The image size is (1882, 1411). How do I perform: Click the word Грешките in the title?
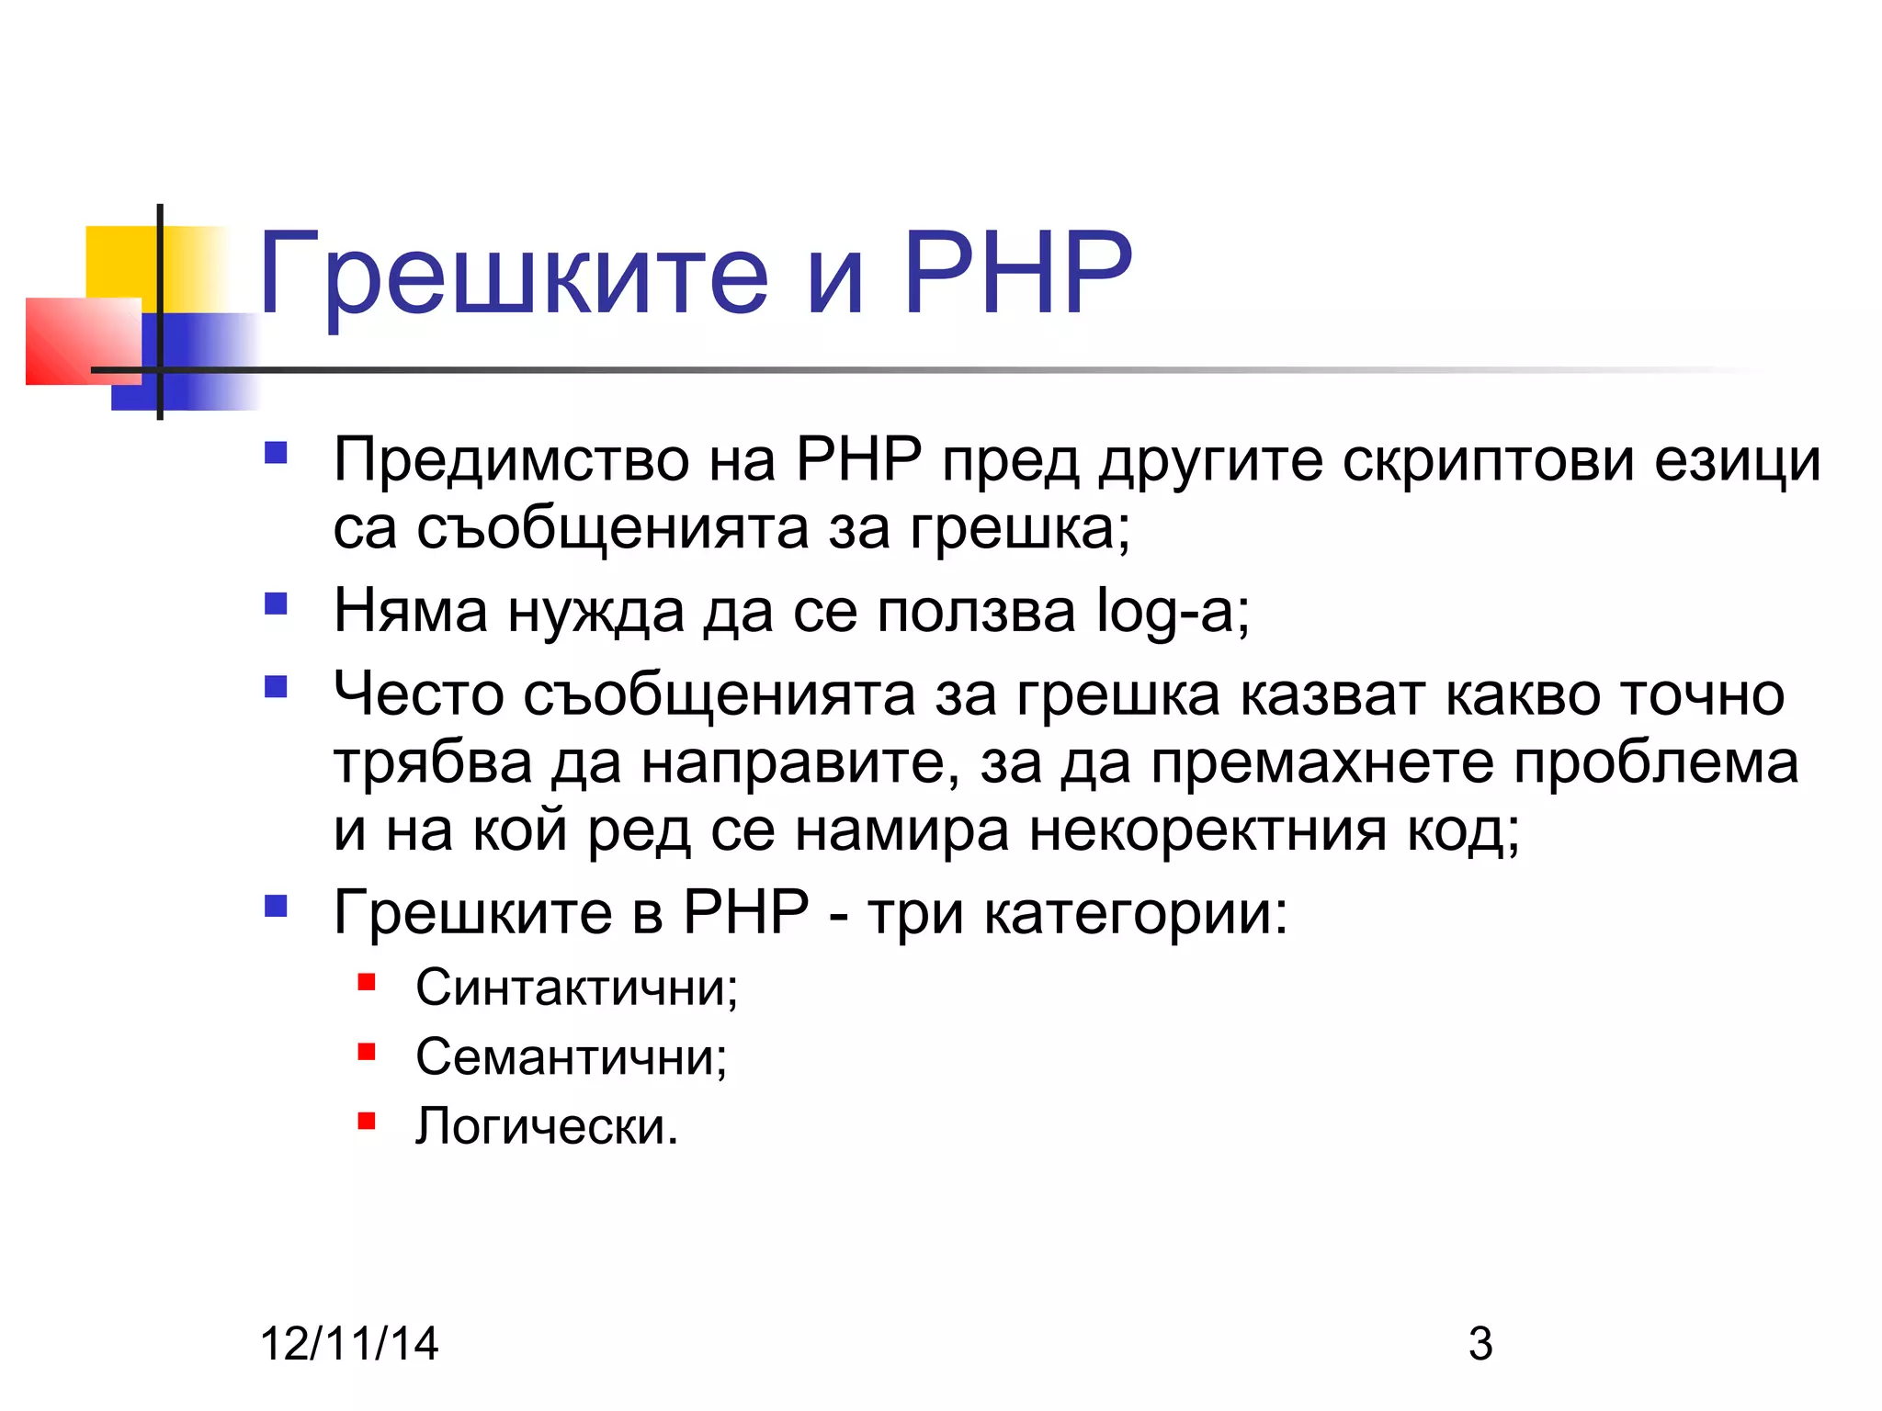(x=513, y=275)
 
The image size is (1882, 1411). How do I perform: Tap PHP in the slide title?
(x=1017, y=273)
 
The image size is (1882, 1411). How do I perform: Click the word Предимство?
(x=511, y=460)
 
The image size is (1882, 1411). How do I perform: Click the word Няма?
(x=410, y=611)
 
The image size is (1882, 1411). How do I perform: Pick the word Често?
(x=418, y=694)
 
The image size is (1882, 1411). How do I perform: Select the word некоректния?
(x=1207, y=830)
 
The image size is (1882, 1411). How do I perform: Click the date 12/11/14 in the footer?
(x=349, y=1343)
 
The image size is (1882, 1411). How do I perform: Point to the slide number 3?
(x=1480, y=1343)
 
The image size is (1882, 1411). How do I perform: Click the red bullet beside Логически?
(x=367, y=1120)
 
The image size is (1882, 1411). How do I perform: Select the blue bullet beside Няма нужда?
(x=276, y=604)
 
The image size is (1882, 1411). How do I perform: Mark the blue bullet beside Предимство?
(x=276, y=453)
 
